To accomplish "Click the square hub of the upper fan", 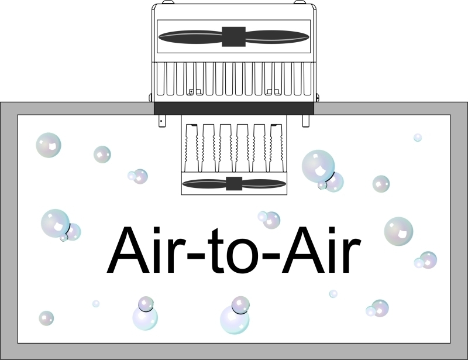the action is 233,37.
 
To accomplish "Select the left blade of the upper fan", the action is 190,37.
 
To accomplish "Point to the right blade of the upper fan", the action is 277,37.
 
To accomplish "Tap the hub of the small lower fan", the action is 234,183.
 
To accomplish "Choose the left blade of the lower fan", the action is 204,184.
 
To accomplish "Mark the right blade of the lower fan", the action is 264,184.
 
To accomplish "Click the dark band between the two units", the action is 234,108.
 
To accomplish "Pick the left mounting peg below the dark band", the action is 162,121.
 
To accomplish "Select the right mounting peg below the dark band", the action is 306,121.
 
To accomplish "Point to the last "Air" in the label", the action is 321,250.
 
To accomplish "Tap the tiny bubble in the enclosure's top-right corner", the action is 418,138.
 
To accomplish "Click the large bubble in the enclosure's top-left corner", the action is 49,145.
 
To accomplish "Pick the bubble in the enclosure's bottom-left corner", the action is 46,318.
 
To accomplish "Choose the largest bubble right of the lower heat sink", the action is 318,166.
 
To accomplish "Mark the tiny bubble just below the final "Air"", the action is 333,294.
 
